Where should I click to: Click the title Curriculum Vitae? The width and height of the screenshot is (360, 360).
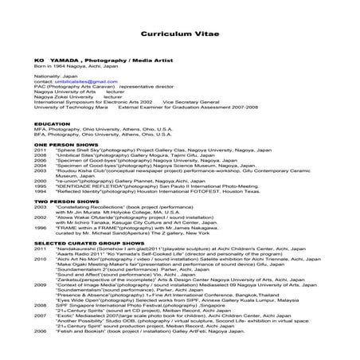tap(179, 35)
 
